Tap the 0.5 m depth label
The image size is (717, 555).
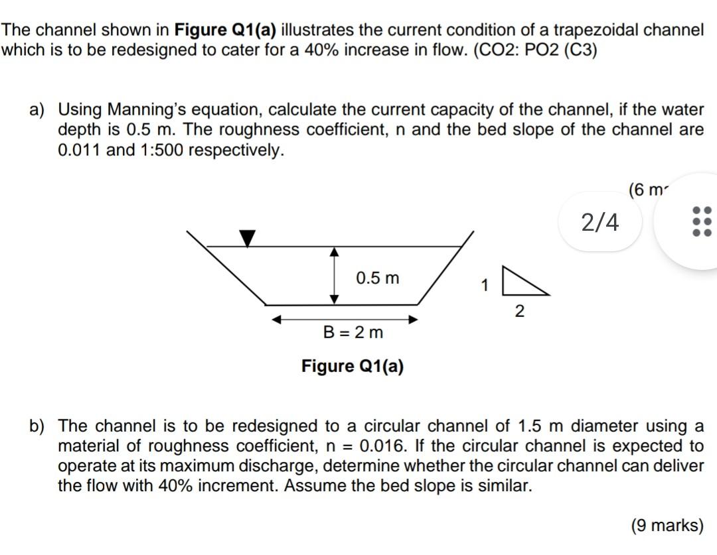click(378, 278)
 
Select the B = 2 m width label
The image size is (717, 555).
click(353, 332)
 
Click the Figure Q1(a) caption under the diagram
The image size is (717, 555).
click(353, 366)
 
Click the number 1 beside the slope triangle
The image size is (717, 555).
click(485, 286)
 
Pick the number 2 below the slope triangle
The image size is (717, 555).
click(519, 311)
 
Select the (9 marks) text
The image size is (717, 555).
click(667, 526)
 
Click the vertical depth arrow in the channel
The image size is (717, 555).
click(335, 275)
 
